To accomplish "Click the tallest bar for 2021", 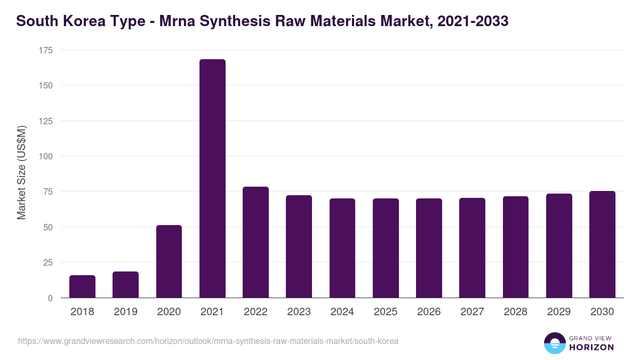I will pyautogui.click(x=212, y=179).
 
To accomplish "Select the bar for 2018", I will pyautogui.click(x=82, y=286).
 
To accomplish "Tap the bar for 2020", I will pyautogui.click(x=169, y=261).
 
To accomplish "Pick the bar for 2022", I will pyautogui.click(x=255, y=242).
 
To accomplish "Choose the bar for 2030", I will pyautogui.click(x=602, y=244).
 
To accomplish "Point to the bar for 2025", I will pyautogui.click(x=386, y=248).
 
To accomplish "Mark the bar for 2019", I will pyautogui.click(x=126, y=285).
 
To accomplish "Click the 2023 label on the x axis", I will pyautogui.click(x=299, y=312).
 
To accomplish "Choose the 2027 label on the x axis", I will pyautogui.click(x=472, y=312).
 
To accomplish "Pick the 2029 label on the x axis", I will pyautogui.click(x=559, y=312).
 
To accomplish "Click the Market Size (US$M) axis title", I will pyautogui.click(x=21, y=172).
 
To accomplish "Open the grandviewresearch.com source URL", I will pyautogui.click(x=208, y=341).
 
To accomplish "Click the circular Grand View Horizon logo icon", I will pyautogui.click(x=554, y=343).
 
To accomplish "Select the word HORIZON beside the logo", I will pyautogui.click(x=591, y=347).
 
